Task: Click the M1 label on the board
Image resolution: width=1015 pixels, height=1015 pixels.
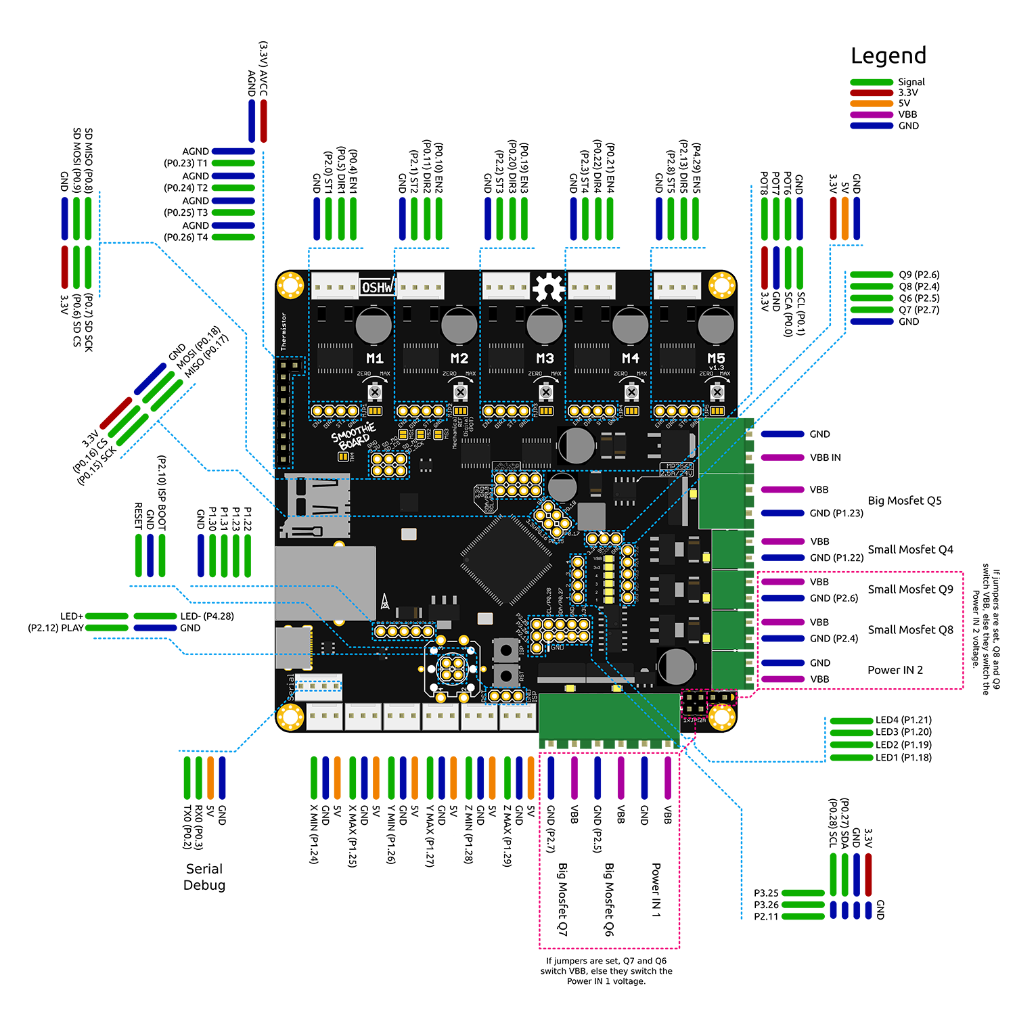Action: pos(374,358)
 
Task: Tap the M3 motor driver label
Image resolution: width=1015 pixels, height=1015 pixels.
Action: pos(545,358)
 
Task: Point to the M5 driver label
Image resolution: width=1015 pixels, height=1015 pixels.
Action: pos(716,358)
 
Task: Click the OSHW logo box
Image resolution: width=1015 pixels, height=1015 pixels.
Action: pos(376,288)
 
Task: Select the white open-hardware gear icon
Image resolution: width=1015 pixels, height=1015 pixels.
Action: pos(548,287)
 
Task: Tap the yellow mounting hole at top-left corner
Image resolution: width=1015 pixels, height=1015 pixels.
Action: pos(291,286)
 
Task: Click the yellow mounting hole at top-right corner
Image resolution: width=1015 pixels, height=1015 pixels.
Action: pos(722,286)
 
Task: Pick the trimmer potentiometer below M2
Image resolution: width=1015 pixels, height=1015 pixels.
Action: pos(460,392)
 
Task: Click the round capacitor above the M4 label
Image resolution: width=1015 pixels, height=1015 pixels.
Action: pos(630,325)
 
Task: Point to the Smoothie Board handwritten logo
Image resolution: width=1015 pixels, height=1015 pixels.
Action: pos(353,436)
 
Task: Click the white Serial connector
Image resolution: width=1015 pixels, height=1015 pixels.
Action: pos(318,686)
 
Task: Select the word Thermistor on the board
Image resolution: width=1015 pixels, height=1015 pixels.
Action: pos(284,331)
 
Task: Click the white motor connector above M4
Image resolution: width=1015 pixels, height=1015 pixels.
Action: pos(591,287)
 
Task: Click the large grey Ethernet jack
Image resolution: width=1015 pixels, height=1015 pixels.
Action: pos(325,583)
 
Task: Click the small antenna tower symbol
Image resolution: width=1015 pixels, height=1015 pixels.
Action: pos(384,602)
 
